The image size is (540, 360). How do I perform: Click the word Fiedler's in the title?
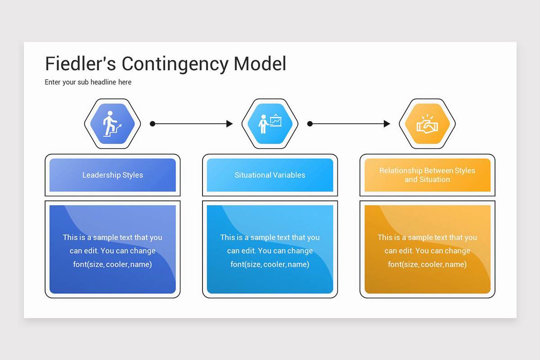point(81,63)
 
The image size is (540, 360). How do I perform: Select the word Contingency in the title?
point(175,64)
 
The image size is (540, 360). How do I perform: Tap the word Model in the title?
point(260,63)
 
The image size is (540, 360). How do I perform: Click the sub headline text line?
point(88,82)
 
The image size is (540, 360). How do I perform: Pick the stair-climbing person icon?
point(112,124)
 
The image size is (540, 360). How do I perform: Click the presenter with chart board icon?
point(270,124)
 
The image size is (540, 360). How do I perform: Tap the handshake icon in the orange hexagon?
point(427,124)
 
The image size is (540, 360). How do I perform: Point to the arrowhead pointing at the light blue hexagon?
point(229,124)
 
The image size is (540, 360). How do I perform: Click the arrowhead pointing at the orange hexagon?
point(387,124)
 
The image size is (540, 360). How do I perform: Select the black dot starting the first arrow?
point(153,124)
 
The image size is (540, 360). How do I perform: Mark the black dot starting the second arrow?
point(310,124)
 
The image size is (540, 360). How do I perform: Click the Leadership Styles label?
point(112,175)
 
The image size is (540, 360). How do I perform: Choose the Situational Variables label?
point(270,175)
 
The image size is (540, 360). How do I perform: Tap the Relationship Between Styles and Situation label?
point(427,175)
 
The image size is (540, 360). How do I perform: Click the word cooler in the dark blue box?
point(117,265)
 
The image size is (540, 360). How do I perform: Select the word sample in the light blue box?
point(263,238)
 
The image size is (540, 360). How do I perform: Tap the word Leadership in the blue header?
point(101,175)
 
